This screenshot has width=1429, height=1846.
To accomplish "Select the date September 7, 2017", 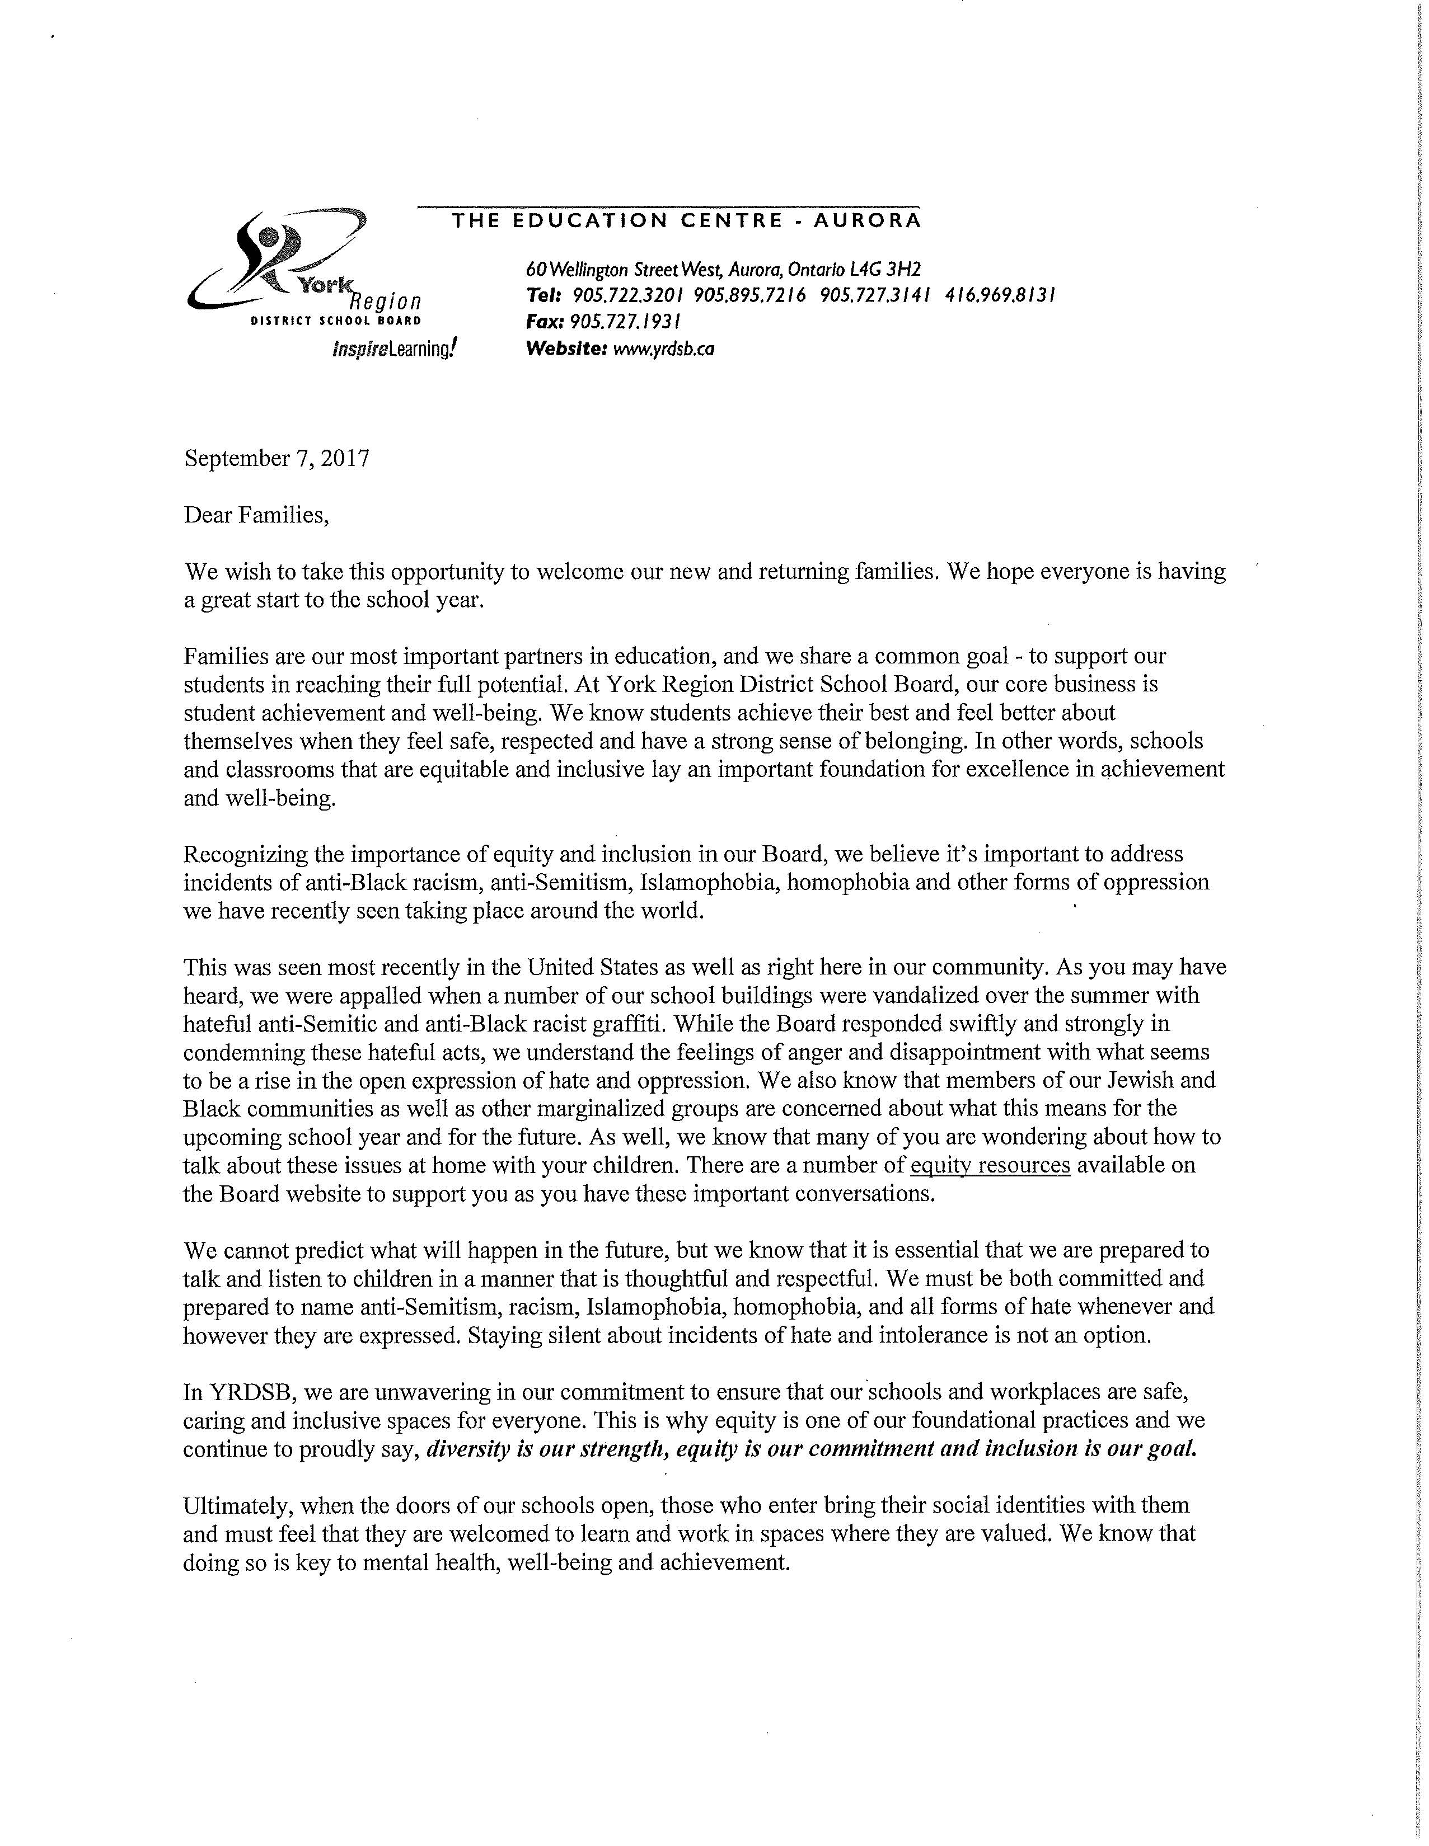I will click(x=277, y=458).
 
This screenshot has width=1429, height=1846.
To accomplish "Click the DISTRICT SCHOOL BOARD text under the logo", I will click(x=335, y=321).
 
